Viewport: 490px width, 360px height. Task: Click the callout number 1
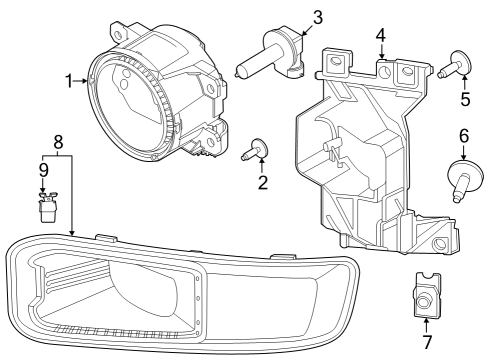(x=69, y=80)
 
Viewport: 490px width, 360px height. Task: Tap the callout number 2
(x=263, y=183)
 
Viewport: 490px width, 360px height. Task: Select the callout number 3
(x=317, y=17)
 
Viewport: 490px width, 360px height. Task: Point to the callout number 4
(x=380, y=36)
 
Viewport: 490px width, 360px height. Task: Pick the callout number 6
(x=463, y=135)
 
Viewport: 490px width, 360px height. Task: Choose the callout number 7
(x=426, y=343)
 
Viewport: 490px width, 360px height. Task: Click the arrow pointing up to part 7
(x=426, y=322)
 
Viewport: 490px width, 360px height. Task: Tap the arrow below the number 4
(x=380, y=54)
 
